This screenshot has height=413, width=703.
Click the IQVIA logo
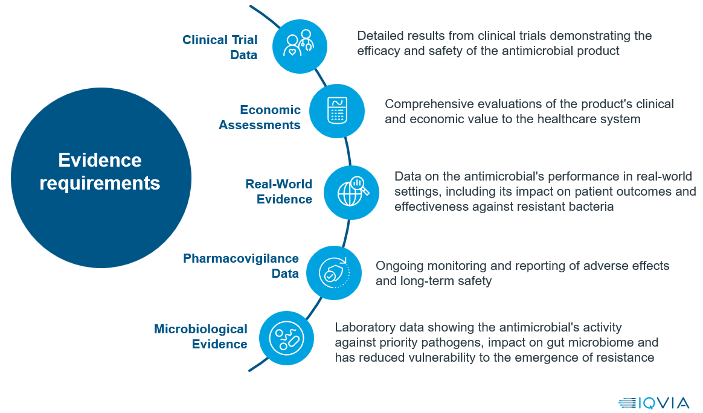click(653, 403)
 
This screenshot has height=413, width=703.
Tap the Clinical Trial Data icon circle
click(300, 46)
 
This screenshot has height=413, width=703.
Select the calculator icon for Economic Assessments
click(337, 110)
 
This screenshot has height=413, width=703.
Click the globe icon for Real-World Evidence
click(351, 193)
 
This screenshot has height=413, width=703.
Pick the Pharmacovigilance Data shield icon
click(334, 273)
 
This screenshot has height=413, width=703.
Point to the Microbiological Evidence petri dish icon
click(286, 338)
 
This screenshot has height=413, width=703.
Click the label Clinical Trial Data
click(220, 47)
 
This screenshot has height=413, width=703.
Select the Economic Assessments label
click(260, 117)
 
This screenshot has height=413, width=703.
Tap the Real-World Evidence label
click(279, 191)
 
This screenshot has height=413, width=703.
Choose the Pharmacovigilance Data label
click(241, 266)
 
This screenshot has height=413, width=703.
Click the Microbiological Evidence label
click(201, 336)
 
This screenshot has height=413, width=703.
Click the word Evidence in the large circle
click(100, 160)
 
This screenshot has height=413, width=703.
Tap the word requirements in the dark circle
click(100, 184)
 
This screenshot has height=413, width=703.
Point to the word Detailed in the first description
click(378, 36)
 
